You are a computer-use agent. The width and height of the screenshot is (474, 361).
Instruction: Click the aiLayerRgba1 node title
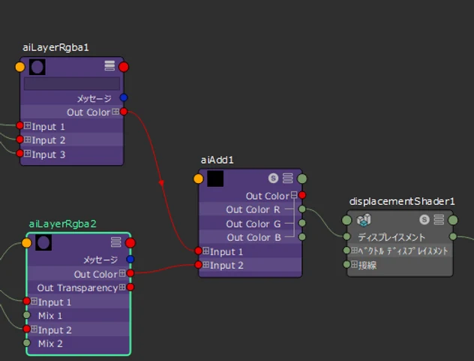point(55,47)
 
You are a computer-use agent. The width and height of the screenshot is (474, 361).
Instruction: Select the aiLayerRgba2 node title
point(62,224)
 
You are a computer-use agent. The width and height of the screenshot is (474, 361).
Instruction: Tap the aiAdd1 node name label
point(217,160)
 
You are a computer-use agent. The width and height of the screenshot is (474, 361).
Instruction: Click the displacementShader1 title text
point(402,202)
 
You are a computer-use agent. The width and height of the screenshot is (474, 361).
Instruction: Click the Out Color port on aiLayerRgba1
point(124,112)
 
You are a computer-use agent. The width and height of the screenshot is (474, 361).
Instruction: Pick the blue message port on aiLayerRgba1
point(124,98)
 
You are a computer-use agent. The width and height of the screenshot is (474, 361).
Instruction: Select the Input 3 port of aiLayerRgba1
point(19,153)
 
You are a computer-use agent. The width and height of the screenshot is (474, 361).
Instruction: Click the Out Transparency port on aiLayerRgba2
point(130,287)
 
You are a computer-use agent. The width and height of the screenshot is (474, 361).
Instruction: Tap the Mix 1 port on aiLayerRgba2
point(26,315)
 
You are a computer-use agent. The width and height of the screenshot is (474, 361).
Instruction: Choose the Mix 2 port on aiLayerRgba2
point(26,343)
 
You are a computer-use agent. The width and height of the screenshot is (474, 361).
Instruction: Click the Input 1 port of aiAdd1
point(198,251)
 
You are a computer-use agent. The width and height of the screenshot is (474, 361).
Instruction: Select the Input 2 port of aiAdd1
point(198,265)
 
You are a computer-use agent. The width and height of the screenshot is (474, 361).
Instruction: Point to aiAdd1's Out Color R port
point(302,209)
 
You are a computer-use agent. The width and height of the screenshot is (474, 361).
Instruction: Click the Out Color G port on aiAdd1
point(302,223)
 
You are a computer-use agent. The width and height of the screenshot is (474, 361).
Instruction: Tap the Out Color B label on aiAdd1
point(254,238)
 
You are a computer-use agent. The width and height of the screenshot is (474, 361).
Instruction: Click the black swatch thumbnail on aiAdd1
point(215,179)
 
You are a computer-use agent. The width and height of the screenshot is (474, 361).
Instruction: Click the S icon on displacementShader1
point(424,219)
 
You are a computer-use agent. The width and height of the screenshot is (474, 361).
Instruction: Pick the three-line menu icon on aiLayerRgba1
point(109,65)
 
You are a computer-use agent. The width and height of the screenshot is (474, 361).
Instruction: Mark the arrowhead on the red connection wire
point(161,183)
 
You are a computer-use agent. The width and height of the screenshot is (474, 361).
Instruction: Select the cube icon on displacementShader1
point(364,220)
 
